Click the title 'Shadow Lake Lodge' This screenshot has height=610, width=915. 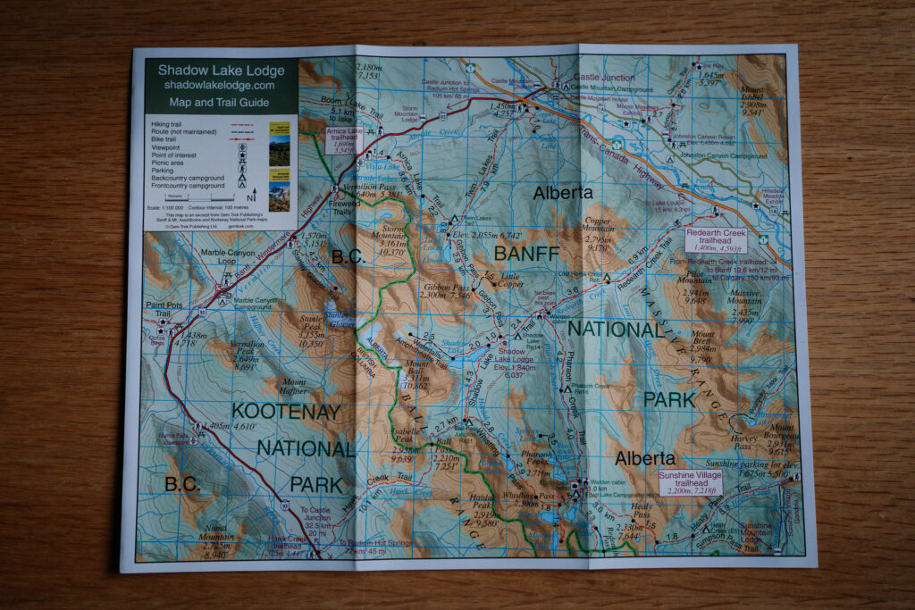221,70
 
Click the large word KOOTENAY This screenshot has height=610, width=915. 285,412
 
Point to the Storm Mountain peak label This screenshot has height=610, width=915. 393,234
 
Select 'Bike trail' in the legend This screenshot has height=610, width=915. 166,140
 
